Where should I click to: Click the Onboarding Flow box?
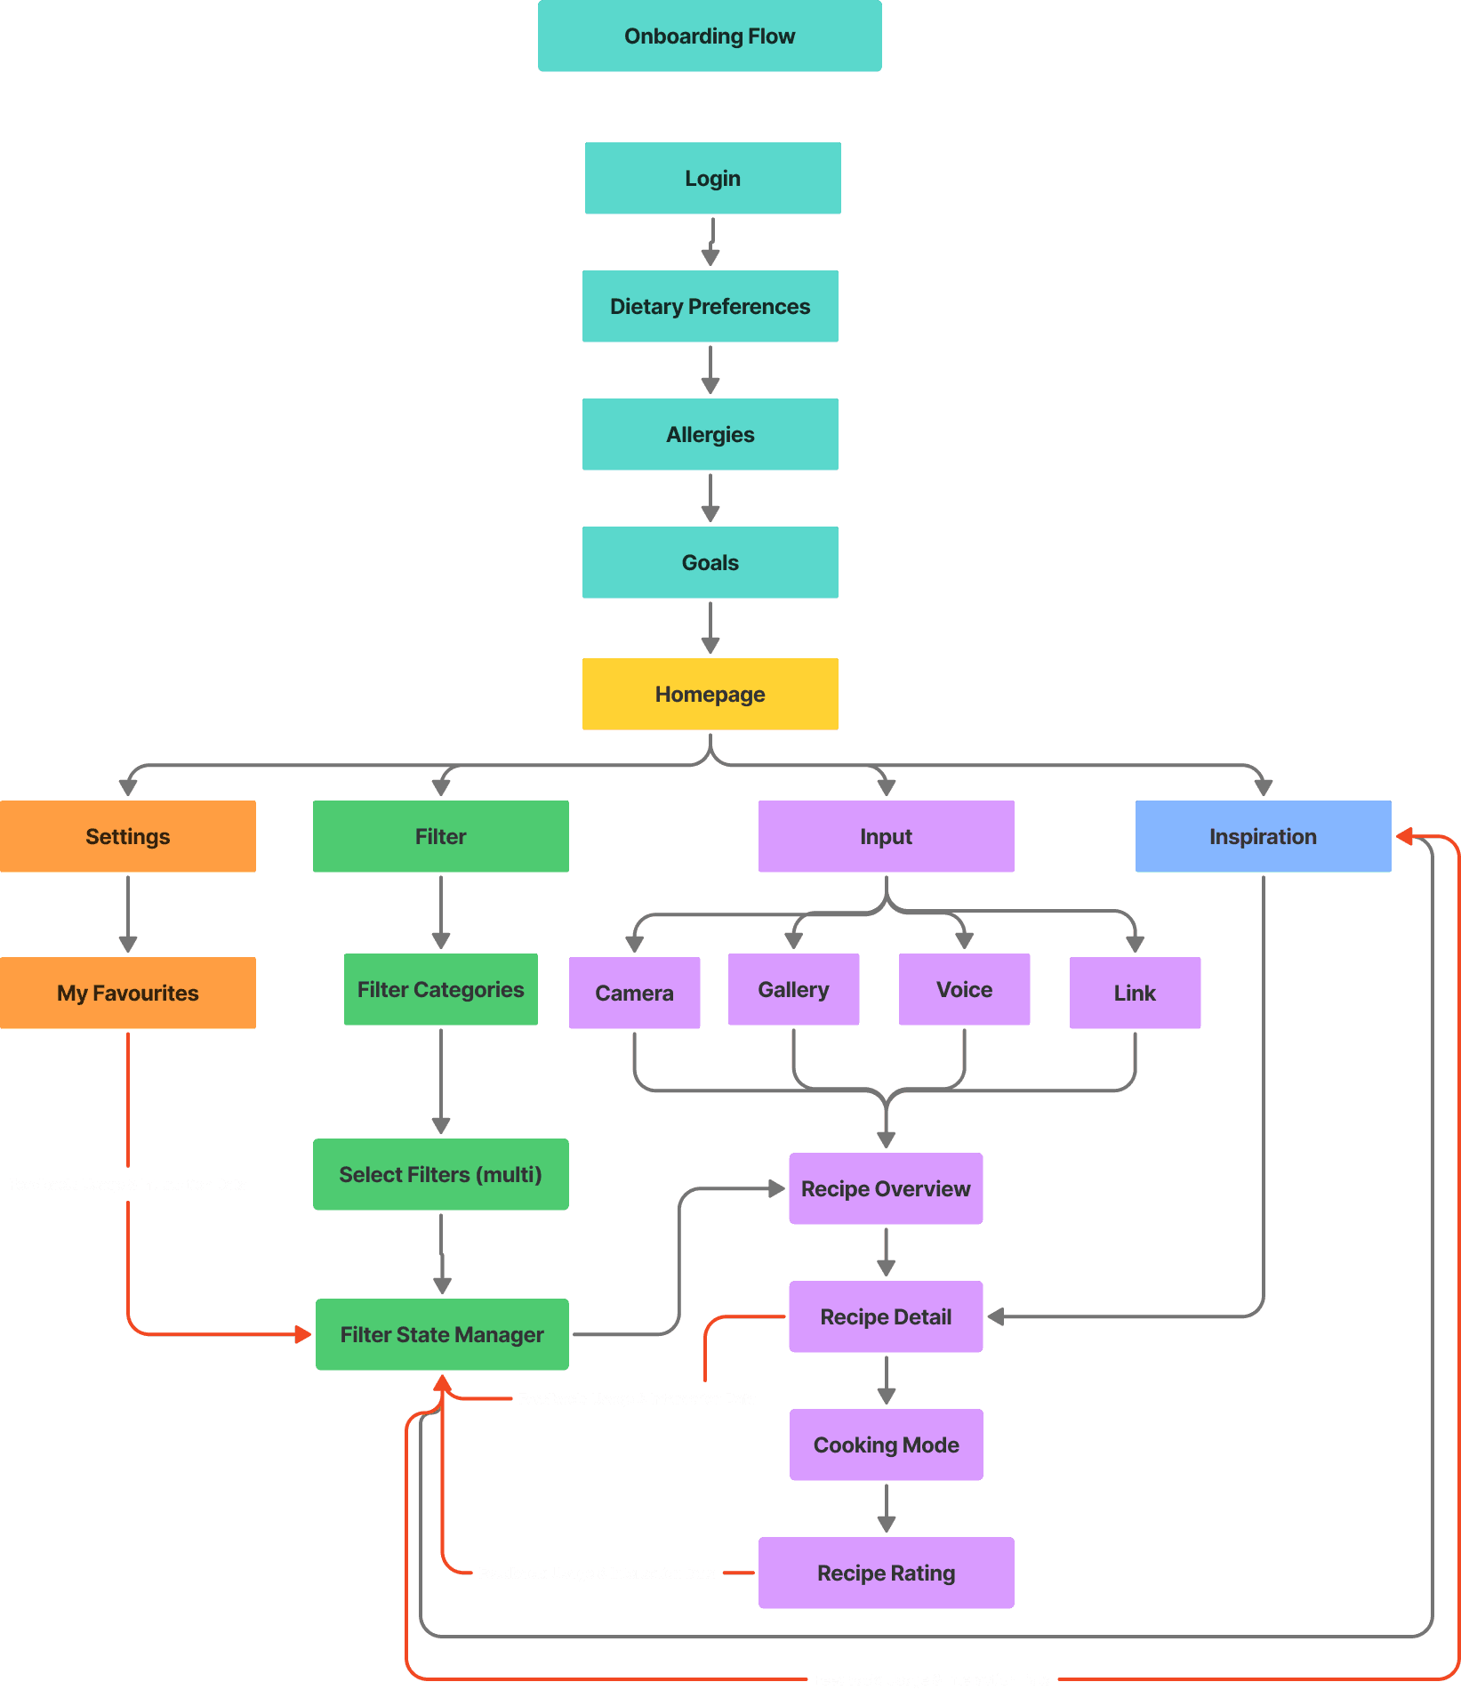[710, 36]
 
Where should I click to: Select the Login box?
[712, 179]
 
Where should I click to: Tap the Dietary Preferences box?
[710, 307]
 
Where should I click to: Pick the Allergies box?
[710, 435]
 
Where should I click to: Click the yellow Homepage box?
[710, 695]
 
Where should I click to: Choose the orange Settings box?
[128, 837]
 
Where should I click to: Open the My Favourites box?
[128, 994]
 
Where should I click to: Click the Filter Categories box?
[440, 990]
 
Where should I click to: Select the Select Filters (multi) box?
[440, 1175]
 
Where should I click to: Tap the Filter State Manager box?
[442, 1335]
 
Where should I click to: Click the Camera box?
[634, 994]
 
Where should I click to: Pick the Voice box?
[964, 990]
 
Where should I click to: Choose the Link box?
[1135, 994]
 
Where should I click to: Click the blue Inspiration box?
[1263, 837]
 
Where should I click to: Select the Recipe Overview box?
[886, 1189]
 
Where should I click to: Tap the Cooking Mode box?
[886, 1445]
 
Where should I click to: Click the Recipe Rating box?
[886, 1573]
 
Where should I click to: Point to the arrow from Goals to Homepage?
[710, 628]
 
